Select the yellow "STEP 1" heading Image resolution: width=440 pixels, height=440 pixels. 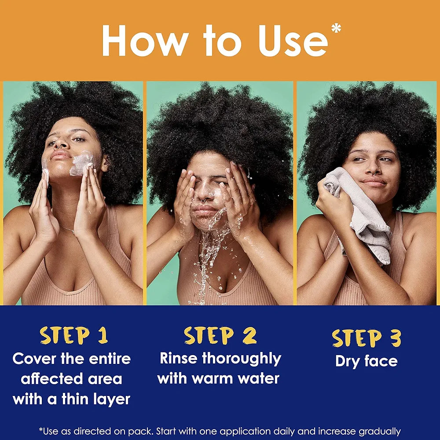tap(74, 335)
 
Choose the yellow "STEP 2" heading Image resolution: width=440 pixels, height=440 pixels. tap(220, 335)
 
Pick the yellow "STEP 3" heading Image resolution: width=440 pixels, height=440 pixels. tap(366, 338)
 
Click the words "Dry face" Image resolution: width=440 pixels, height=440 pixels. tap(366, 361)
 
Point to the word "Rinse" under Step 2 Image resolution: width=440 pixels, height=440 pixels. tap(179, 358)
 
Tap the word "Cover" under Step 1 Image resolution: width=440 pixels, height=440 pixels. tap(35, 359)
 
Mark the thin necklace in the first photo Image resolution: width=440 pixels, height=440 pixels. tap(66, 229)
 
